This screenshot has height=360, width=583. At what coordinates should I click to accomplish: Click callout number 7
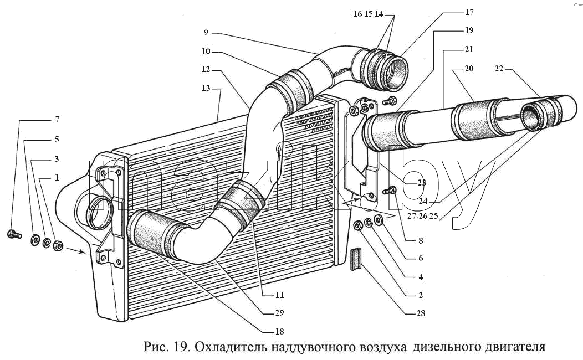click(57, 120)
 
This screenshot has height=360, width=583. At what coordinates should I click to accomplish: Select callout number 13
click(206, 88)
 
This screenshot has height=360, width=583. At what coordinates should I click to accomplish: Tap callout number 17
click(469, 12)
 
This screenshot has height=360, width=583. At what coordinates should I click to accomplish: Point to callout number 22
click(499, 69)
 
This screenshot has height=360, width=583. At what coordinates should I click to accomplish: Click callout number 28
click(421, 313)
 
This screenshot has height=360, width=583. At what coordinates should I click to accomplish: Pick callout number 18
click(279, 332)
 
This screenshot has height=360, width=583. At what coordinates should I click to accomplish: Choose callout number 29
click(279, 313)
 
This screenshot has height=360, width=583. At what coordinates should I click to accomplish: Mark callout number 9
click(206, 33)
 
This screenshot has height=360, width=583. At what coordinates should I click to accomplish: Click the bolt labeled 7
click(14, 234)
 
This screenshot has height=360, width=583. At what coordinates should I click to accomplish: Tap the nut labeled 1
click(58, 245)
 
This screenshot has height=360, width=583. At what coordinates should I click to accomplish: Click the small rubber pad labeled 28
click(356, 259)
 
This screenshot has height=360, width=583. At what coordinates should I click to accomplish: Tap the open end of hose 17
click(396, 73)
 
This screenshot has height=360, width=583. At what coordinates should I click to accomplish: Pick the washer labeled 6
click(379, 220)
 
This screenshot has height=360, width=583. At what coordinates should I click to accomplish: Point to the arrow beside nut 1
click(76, 250)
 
